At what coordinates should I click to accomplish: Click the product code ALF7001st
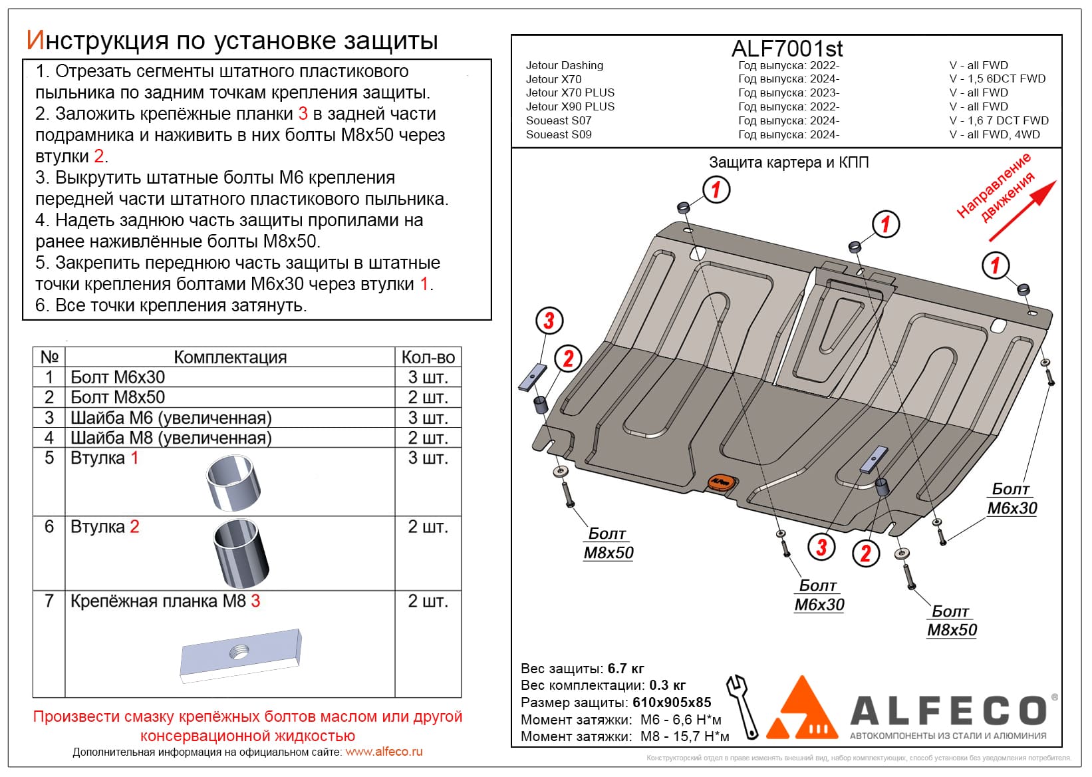click(787, 49)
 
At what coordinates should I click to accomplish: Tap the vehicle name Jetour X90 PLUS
click(570, 106)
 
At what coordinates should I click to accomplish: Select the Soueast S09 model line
click(559, 134)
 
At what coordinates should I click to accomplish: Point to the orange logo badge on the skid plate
click(720, 482)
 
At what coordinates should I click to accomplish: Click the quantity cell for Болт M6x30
click(428, 377)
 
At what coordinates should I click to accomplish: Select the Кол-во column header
click(428, 357)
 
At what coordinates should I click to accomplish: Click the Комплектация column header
click(230, 357)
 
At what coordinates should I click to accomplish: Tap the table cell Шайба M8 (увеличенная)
click(171, 438)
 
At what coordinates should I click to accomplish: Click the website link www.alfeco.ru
click(384, 752)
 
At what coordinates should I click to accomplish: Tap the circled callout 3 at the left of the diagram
click(549, 321)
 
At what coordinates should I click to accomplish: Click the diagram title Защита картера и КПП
click(789, 162)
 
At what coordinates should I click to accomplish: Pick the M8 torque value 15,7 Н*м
click(684, 736)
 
